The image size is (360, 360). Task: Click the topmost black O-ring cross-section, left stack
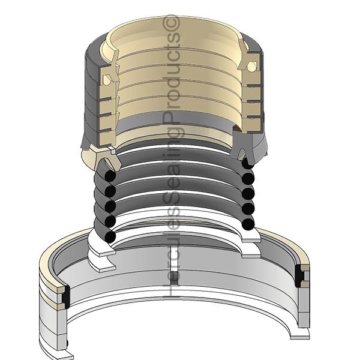[x=110, y=176]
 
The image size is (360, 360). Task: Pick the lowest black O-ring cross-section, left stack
[x=110, y=237]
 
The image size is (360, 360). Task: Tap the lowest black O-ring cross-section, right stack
[x=248, y=224]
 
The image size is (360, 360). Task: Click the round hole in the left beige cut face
[x=107, y=79]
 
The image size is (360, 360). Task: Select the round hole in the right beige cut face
[x=251, y=67]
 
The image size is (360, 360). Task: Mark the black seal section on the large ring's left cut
[x=66, y=297]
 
